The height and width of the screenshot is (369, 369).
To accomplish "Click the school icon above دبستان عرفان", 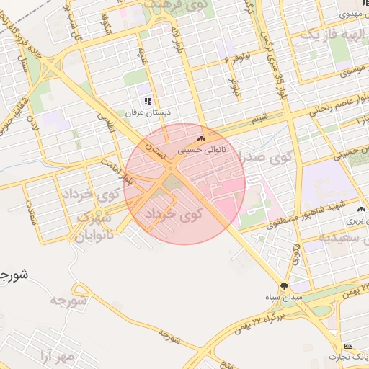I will coord(148,102).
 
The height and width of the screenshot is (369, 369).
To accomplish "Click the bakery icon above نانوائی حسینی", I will coord(200,138).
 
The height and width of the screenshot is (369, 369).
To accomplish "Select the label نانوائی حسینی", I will coord(201,150).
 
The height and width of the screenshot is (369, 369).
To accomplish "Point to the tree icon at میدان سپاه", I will coord(284,286).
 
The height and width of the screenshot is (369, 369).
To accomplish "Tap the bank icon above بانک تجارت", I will coord(350,346).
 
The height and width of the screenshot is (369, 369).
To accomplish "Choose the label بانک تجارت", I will coord(350,357).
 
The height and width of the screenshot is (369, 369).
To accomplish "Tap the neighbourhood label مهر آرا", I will coord(55,356).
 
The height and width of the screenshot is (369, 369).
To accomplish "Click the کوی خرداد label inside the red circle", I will coord(174,215).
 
